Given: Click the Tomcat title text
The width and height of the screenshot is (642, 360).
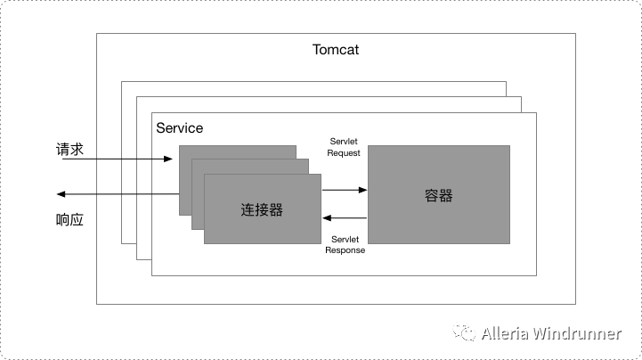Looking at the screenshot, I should tap(336, 49).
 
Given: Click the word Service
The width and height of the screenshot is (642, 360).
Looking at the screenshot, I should tap(179, 127).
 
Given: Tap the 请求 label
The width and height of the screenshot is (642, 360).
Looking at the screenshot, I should tap(69, 150).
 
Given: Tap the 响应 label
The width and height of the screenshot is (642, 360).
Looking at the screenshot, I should tap(69, 219).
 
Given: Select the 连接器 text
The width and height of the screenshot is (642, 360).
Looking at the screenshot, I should tap(262, 209).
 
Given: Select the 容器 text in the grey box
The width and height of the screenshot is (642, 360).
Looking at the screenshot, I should tap(439, 195).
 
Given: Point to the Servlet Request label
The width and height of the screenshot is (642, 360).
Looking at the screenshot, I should tap(344, 147).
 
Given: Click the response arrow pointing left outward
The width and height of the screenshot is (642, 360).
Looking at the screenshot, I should tap(116, 193).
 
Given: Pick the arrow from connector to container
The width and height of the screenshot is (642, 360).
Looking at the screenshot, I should tap(345, 189).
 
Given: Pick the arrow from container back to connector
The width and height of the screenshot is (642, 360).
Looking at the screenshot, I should tap(345, 217).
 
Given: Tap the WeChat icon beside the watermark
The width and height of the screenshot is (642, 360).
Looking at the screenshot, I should tap(465, 333).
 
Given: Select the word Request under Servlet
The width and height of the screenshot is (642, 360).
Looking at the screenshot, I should tap(344, 153).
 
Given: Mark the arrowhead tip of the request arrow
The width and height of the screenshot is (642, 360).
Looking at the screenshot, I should tap(172, 160).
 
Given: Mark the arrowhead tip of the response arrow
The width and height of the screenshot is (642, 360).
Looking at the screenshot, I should tap(57, 193).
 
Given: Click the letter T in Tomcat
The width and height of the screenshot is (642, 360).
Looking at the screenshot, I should tap(317, 49).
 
